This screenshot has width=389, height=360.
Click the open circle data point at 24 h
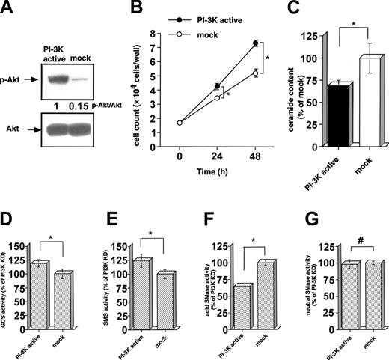click(x=217, y=97)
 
